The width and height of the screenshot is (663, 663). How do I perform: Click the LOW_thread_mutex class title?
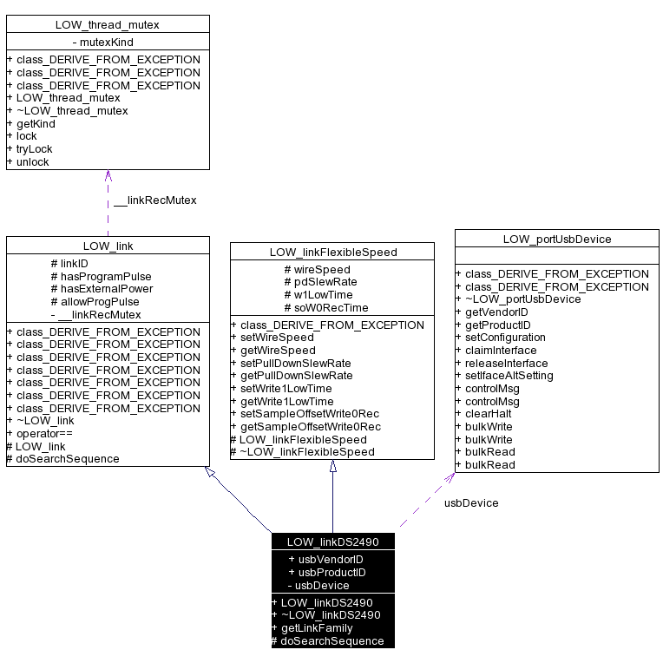tap(108, 24)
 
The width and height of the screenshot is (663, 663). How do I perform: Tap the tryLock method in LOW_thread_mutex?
tap(34, 149)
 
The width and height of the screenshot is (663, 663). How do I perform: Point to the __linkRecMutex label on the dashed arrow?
tap(154, 200)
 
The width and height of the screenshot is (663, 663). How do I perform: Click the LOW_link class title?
tap(108, 246)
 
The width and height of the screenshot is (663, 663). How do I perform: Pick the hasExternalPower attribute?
tap(102, 289)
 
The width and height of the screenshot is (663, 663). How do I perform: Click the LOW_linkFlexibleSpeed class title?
tap(332, 253)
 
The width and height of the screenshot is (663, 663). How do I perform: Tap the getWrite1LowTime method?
tap(286, 402)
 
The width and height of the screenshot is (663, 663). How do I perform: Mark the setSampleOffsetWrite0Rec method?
tap(310, 414)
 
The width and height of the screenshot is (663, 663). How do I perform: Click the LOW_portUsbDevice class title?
tap(557, 240)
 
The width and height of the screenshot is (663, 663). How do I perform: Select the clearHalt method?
tap(489, 414)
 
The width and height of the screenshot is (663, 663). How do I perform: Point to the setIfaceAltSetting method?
tap(509, 376)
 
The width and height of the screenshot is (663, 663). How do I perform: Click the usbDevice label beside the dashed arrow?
tap(471, 502)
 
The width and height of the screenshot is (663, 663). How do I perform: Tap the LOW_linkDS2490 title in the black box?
tap(332, 542)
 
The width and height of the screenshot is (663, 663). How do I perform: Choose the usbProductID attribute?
tap(326, 573)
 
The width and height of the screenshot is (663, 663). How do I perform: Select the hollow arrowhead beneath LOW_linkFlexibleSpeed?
tap(332, 466)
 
